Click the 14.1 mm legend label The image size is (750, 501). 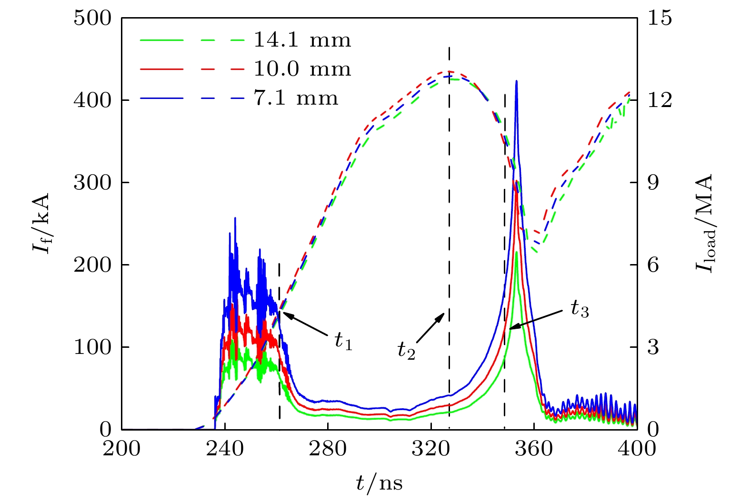point(302,40)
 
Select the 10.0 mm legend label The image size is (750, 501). point(302,69)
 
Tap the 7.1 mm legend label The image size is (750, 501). point(296,98)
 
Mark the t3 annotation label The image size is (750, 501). point(580,310)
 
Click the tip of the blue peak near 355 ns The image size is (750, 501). point(516,81)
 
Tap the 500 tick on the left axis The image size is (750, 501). point(92,18)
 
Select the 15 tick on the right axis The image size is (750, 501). point(660,18)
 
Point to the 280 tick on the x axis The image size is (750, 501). point(328,448)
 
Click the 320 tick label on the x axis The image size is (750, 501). point(430,448)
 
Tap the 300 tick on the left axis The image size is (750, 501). point(92,183)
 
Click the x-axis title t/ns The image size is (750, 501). point(379,483)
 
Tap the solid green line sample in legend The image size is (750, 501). point(161,40)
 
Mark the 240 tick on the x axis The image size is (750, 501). point(225,448)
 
